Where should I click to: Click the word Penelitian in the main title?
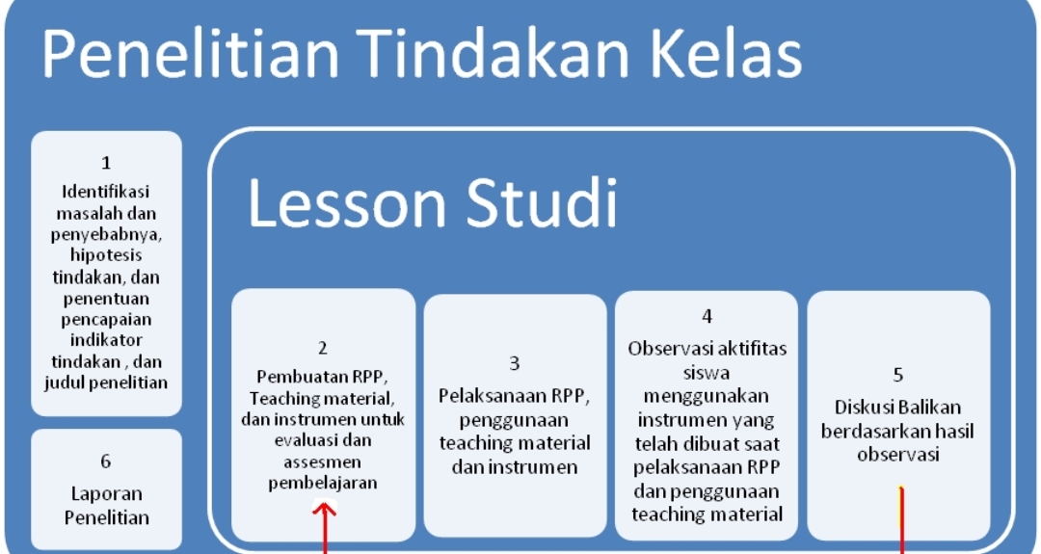191,54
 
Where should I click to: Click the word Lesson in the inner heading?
347,203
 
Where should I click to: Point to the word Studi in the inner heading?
542,203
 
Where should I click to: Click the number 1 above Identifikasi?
106,163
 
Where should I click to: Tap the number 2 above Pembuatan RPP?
323,349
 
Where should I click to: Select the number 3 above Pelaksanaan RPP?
515,363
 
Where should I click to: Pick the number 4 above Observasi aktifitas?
707,316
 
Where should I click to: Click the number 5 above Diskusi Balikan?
898,376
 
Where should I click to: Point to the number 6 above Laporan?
106,462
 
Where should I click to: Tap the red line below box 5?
901,520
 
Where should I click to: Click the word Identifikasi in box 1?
106,192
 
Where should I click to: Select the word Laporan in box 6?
107,494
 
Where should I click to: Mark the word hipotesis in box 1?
106,255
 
